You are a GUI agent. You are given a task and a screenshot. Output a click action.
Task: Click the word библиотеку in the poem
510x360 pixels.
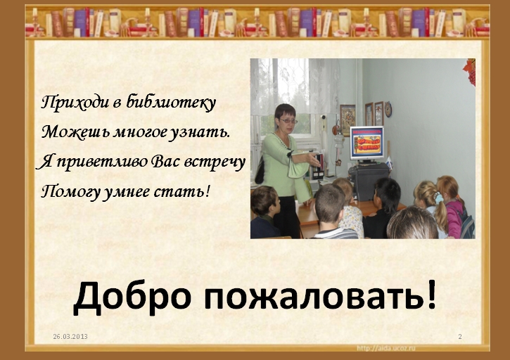pyautogui.click(x=171, y=103)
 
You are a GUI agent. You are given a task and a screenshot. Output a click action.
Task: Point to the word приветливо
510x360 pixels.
pyautogui.click(x=102, y=162)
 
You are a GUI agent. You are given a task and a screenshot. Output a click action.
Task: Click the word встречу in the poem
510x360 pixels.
pyautogui.click(x=215, y=162)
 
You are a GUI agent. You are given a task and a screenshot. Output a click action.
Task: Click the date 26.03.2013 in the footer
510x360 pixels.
pyautogui.click(x=70, y=337)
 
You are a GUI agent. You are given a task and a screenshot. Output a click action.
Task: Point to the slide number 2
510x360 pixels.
pyautogui.click(x=460, y=337)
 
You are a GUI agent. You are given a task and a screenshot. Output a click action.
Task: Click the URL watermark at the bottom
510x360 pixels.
pyautogui.click(x=386, y=348)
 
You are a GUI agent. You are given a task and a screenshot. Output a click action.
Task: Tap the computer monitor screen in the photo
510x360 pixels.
pyautogui.click(x=367, y=142)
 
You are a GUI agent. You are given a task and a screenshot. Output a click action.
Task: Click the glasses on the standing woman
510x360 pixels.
pyautogui.click(x=288, y=121)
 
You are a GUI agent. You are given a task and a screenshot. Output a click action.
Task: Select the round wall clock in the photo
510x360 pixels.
pyautogui.click(x=388, y=109)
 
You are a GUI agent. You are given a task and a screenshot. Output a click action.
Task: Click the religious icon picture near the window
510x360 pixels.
pyautogui.click(x=348, y=120)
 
